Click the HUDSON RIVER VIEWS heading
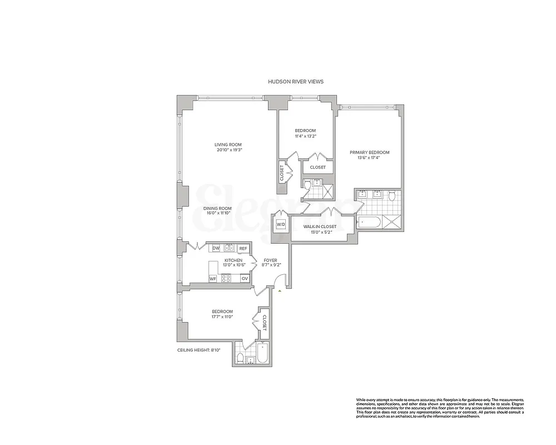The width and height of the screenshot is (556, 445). (x=295, y=81)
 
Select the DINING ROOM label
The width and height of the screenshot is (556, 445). (x=217, y=209)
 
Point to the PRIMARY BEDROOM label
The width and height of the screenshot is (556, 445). (x=369, y=152)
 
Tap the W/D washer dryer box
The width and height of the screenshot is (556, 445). (x=281, y=225)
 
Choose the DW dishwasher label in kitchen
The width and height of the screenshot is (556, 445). (x=216, y=248)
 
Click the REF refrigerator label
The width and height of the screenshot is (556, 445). (x=243, y=248)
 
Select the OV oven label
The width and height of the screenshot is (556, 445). (x=244, y=278)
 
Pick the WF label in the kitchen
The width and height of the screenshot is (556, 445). (x=212, y=278)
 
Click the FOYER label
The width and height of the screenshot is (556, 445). (x=270, y=260)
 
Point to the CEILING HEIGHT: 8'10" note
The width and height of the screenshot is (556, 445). (x=199, y=350)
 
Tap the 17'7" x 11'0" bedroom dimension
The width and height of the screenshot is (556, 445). (x=222, y=317)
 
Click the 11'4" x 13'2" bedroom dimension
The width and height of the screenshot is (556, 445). (x=305, y=136)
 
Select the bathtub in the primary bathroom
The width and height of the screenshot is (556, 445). (x=369, y=222)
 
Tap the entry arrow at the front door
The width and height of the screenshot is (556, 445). (x=281, y=290)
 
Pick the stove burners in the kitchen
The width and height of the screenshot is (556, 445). (x=226, y=278)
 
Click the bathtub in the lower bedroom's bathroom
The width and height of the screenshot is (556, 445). (x=261, y=354)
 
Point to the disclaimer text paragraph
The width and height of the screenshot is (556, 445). (x=439, y=408)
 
